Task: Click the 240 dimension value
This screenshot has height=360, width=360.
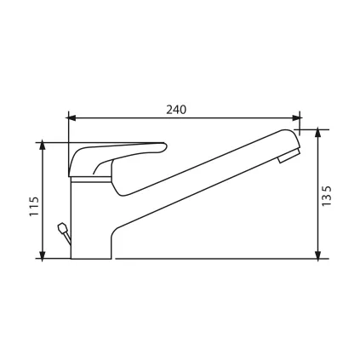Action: tap(176, 110)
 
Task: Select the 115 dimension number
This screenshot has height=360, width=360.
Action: tap(34, 206)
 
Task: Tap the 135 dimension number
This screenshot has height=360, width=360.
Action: tap(327, 197)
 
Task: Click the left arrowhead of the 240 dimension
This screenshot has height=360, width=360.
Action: tap(72, 118)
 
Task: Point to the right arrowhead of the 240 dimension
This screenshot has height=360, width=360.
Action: tap(297, 118)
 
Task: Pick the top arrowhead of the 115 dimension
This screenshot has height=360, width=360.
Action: tap(43, 145)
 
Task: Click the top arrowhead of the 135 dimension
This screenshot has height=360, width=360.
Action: tap(318, 134)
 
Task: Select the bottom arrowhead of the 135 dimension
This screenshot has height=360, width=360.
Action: tap(318, 254)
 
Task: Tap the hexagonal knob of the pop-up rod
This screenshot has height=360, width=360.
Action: tap(62, 228)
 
